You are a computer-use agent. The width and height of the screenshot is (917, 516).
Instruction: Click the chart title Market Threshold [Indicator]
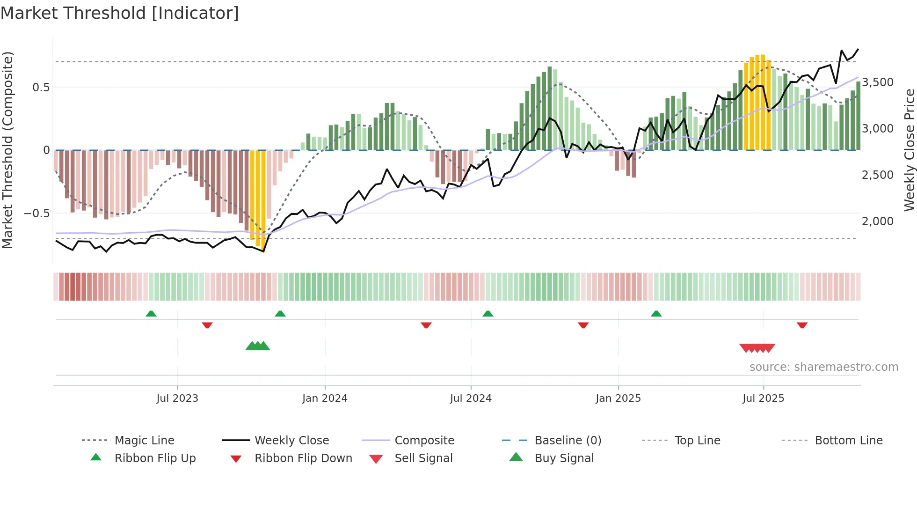tap(120, 13)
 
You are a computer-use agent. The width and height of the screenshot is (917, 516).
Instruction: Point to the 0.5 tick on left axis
tap(41, 87)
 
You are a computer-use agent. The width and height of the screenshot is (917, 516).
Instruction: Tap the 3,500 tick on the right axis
tap(878, 82)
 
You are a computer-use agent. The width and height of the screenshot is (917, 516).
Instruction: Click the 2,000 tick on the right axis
tap(878, 221)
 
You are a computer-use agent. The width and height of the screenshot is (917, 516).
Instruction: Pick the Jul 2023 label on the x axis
tap(177, 398)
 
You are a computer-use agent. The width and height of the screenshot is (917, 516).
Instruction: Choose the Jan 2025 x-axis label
tap(618, 398)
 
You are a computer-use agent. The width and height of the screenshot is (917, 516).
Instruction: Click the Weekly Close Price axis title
tap(909, 150)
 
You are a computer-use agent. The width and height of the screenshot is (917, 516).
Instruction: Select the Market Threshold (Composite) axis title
tap(7, 150)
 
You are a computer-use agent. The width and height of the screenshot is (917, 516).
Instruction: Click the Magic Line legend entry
tap(144, 441)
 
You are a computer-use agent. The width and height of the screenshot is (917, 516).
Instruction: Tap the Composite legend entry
tap(424, 441)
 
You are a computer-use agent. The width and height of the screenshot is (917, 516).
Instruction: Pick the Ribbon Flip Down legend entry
tap(303, 458)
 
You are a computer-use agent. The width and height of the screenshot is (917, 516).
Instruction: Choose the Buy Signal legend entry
tap(564, 458)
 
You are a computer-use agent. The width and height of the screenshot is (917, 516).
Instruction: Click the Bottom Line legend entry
tap(848, 441)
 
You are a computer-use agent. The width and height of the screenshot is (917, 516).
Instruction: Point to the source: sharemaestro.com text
tap(823, 367)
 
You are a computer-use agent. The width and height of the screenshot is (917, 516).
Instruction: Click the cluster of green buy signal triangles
tap(258, 346)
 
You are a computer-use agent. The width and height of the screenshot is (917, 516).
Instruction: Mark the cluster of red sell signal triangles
tap(757, 348)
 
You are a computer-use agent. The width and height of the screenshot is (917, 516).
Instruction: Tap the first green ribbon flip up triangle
tap(151, 314)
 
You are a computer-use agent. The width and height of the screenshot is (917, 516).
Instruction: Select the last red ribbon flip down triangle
tap(802, 325)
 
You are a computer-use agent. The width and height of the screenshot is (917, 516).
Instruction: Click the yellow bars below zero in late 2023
tap(258, 197)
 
